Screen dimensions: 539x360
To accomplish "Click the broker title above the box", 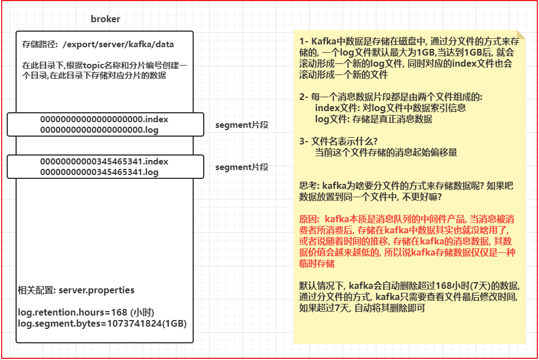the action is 105,19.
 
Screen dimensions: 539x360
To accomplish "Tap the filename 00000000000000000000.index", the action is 104,119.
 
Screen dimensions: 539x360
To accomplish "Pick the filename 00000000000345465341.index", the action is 104,162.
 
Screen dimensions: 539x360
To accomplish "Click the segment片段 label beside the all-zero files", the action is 241,125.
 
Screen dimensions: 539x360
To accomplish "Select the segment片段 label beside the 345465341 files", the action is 241,167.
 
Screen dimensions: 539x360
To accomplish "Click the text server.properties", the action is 96,291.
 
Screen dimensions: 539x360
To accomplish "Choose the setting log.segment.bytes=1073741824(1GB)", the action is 102,323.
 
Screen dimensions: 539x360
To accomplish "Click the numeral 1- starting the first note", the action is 303,42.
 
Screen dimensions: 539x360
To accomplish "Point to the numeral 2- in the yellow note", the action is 303,97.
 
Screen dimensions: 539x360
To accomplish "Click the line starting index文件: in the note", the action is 390,108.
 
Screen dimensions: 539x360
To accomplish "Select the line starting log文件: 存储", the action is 373,119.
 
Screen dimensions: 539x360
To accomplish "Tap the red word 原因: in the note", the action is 309,219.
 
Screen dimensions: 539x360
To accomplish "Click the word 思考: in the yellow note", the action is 309,186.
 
